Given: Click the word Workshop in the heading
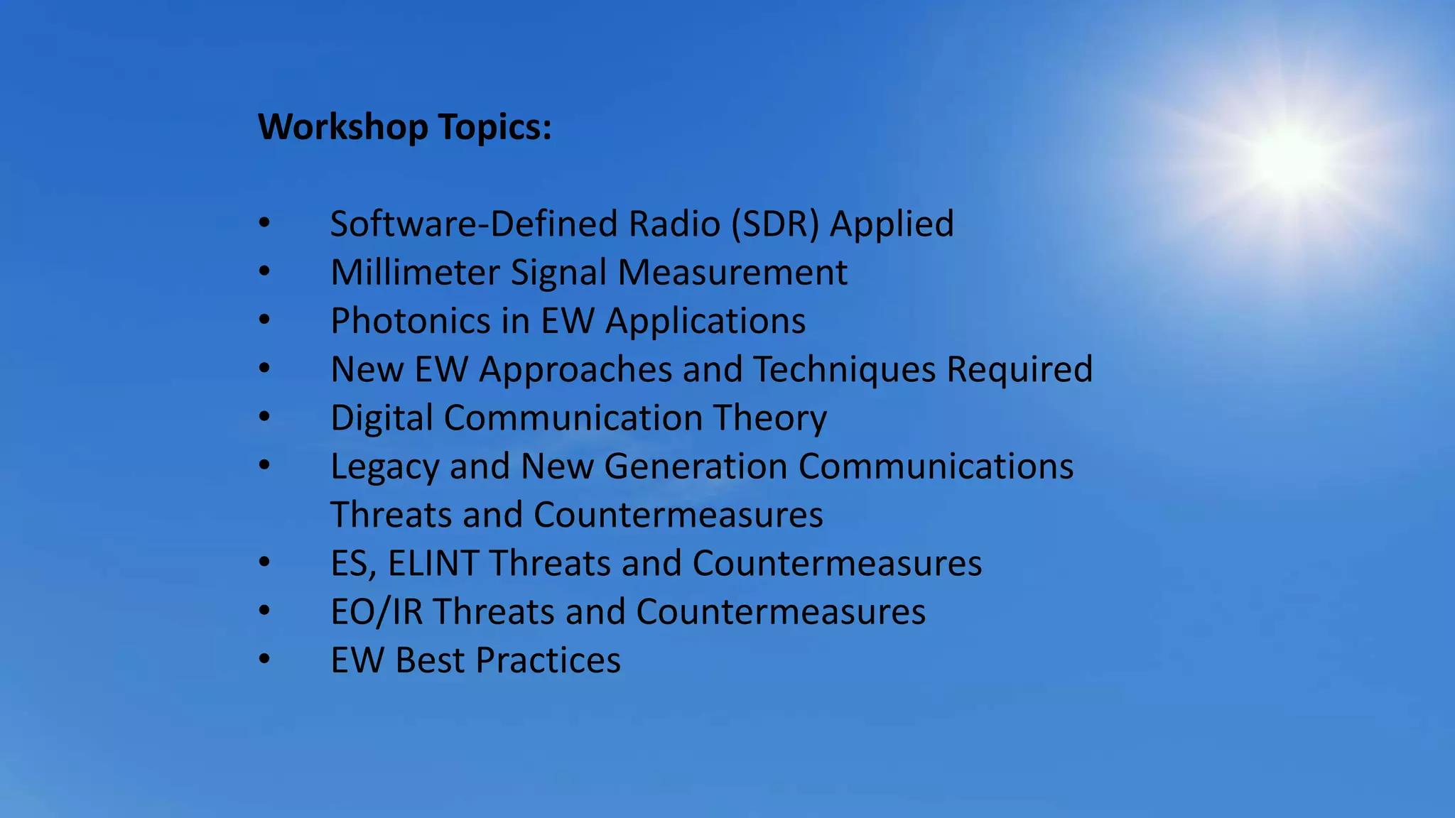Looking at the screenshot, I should pyautogui.click(x=342, y=128).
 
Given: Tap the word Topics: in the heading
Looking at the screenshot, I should pyautogui.click(x=494, y=128).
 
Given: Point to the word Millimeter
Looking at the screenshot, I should pyautogui.click(x=415, y=273).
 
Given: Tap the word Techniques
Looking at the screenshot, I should pyautogui.click(x=844, y=370).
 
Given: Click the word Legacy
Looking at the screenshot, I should pyautogui.click(x=384, y=467).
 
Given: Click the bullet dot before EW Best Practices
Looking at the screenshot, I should pyautogui.click(x=264, y=660).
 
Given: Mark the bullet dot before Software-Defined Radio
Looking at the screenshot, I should pyautogui.click(x=264, y=223).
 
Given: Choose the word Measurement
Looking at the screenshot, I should pyautogui.click(x=732, y=273).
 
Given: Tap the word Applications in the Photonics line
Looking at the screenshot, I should pyautogui.click(x=705, y=321).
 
